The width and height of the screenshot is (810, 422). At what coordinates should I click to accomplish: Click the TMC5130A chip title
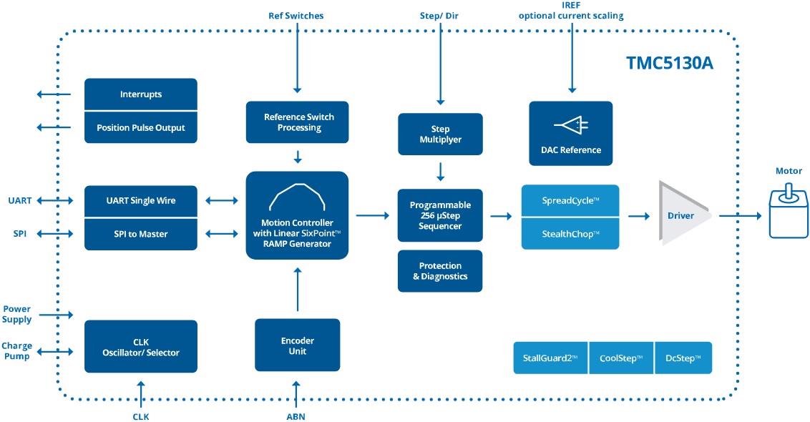(669, 63)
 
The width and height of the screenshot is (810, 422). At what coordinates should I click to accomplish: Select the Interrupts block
(140, 94)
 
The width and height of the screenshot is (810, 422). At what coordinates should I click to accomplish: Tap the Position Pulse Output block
(140, 127)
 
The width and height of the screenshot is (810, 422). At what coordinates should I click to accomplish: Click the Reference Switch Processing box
(298, 122)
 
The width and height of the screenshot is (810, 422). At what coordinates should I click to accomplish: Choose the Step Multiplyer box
(440, 134)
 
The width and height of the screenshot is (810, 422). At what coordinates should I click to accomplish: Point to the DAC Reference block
(570, 134)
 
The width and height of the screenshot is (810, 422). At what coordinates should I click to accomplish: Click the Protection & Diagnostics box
(440, 271)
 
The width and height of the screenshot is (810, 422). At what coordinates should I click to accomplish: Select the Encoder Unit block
(297, 345)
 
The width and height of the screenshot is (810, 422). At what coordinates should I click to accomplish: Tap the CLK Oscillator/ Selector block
(140, 347)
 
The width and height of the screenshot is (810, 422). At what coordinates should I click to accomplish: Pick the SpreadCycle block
(570, 201)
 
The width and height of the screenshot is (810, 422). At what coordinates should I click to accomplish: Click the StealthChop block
(570, 233)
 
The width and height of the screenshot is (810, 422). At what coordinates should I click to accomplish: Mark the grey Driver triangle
(680, 215)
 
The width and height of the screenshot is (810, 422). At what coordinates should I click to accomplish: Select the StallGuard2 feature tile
(550, 358)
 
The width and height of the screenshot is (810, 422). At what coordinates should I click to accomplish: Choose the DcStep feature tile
(683, 358)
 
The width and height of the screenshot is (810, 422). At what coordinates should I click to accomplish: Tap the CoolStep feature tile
(620, 358)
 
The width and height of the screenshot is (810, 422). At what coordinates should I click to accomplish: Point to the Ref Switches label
(296, 16)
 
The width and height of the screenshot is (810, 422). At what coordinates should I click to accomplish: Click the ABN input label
(296, 416)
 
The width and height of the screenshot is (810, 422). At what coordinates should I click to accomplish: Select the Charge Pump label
(16, 351)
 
